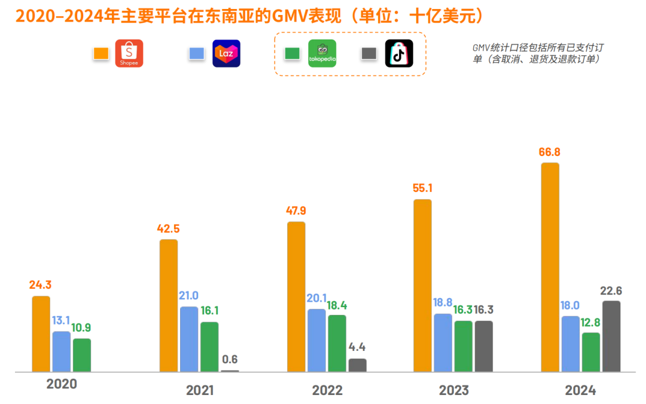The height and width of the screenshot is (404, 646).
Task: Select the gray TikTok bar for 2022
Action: [358, 365]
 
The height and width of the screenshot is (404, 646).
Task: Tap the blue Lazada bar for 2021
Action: [189, 339]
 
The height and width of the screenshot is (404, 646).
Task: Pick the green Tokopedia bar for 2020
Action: [82, 355]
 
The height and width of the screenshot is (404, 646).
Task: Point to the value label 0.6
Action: [230, 359]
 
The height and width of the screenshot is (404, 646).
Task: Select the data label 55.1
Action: [422, 188]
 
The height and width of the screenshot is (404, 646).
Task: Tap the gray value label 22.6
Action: [611, 290]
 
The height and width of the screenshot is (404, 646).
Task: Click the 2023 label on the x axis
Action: [454, 391]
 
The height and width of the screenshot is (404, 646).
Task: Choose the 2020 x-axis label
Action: [62, 384]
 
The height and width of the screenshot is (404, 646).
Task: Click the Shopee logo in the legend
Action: [129, 53]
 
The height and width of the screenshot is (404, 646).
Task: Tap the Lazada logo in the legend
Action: [226, 53]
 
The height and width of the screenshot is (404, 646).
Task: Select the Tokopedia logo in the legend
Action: [322, 53]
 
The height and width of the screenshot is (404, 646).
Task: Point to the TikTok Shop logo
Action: [399, 53]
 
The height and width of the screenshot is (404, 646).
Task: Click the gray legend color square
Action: [368, 54]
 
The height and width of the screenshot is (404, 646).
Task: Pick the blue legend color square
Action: [196, 54]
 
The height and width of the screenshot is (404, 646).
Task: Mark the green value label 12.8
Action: [591, 322]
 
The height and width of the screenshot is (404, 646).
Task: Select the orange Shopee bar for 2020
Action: [41, 333]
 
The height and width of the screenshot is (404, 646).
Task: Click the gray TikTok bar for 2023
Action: [484, 346]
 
